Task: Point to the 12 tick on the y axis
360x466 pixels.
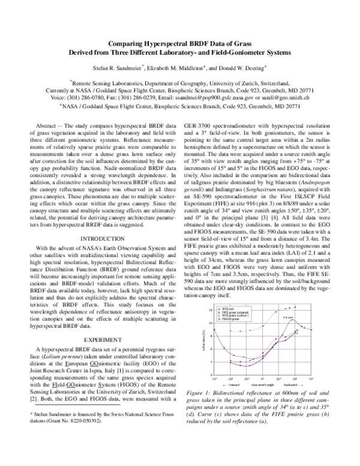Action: (210, 310)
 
